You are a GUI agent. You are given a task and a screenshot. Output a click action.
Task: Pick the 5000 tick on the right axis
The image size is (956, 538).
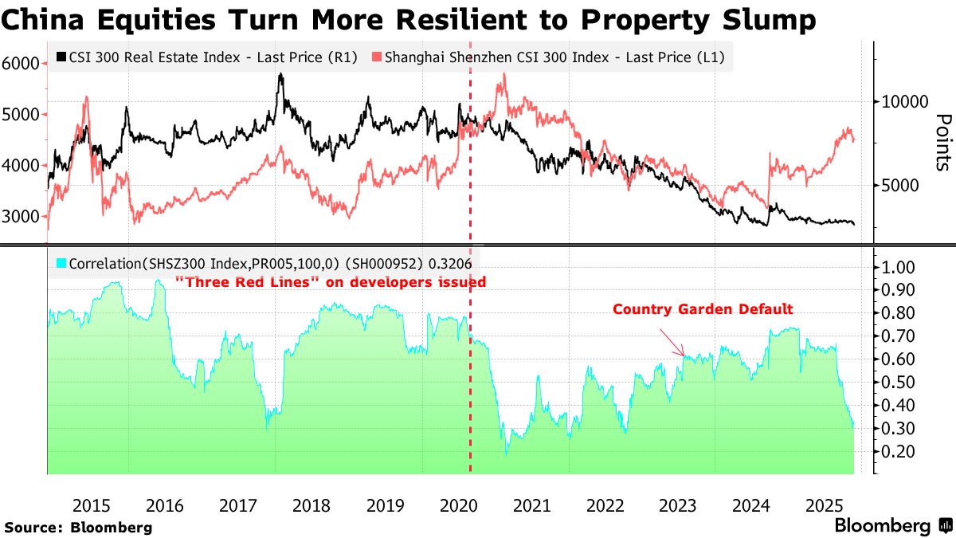pos(899,185)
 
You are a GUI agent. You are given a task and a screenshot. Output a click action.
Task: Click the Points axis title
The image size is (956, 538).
pos(942,142)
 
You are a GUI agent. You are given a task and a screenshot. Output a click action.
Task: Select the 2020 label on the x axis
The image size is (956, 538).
pos(458,506)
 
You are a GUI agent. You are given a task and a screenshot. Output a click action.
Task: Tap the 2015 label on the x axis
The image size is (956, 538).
pos(92,506)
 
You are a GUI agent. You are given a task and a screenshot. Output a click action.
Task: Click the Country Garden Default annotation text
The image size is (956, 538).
pos(703,309)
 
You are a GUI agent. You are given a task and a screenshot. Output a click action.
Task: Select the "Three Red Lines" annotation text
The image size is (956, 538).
pos(330,281)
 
